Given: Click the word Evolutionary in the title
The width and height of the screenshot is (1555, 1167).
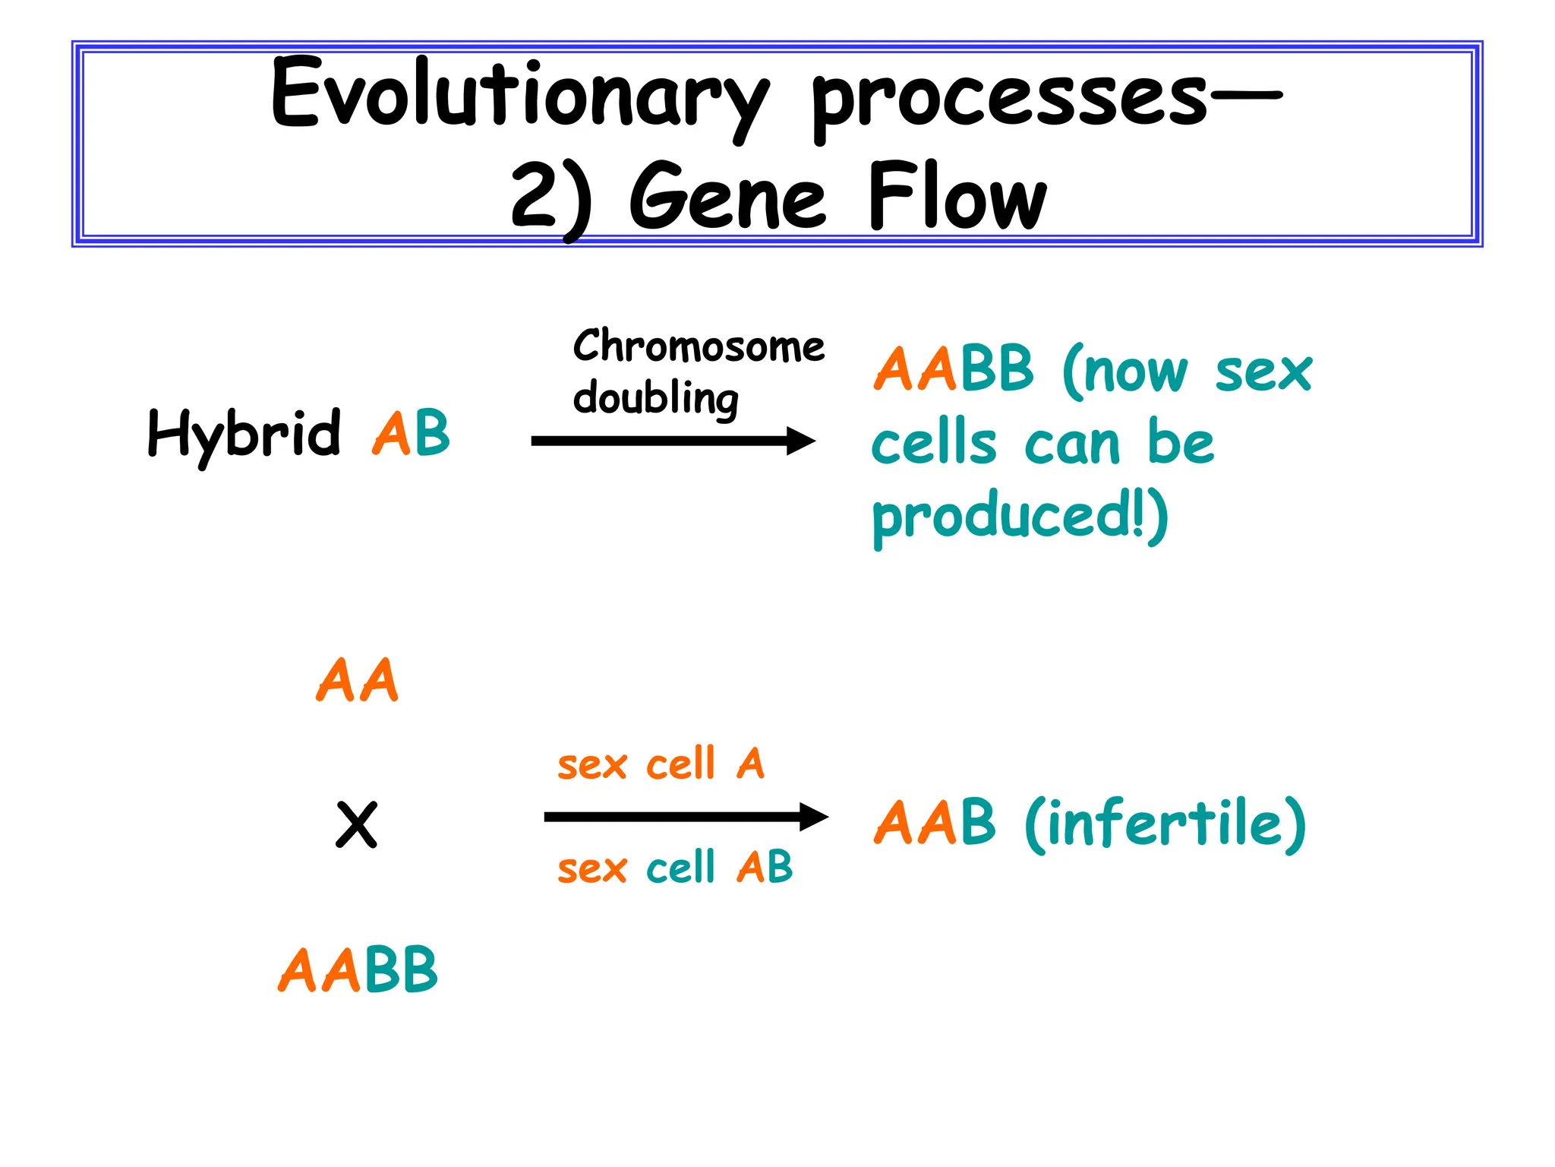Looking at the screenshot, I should tap(520, 95).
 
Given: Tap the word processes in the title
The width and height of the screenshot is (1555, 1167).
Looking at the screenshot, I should tap(1010, 99).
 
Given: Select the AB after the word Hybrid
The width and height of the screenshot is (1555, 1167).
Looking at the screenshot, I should tap(411, 433).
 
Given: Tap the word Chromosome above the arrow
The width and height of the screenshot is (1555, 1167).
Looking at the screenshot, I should tap(699, 346).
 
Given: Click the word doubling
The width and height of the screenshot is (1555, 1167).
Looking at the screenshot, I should tap(655, 399).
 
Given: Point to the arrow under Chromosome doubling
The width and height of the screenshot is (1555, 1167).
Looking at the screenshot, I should tap(673, 441).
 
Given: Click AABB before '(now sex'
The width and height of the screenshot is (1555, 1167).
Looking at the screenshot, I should tap(954, 369).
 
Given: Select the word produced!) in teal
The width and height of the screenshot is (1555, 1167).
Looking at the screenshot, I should tap(1020, 517).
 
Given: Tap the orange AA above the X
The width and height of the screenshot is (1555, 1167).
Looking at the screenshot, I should tap(357, 681).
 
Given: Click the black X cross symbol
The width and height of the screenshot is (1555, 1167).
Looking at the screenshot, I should tap(356, 825).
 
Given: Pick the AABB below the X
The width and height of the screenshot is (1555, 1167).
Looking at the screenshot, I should tap(358, 970).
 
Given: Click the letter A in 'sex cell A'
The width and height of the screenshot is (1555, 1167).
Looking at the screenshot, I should tap(750, 764).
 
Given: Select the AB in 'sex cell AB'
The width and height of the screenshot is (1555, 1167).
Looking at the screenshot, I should tap(765, 867).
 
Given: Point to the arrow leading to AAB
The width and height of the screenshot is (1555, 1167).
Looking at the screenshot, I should tap(686, 818).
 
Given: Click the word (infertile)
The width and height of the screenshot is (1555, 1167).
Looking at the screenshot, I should tap(1165, 824).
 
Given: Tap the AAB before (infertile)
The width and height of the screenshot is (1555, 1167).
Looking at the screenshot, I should tap(934, 823).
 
